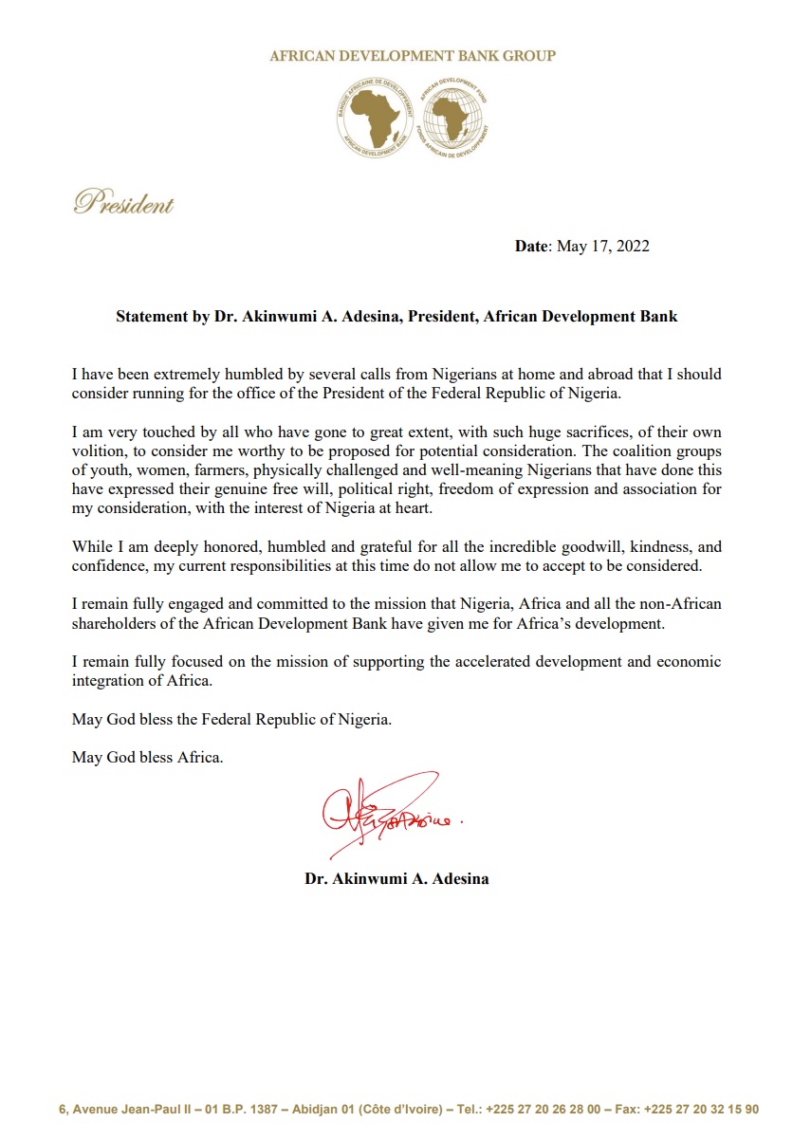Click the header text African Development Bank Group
tap(413, 56)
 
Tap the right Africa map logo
tap(452, 117)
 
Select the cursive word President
tap(124, 202)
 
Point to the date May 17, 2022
tap(602, 247)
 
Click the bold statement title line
tap(396, 316)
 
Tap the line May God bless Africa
tap(148, 758)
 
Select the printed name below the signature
tap(396, 878)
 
